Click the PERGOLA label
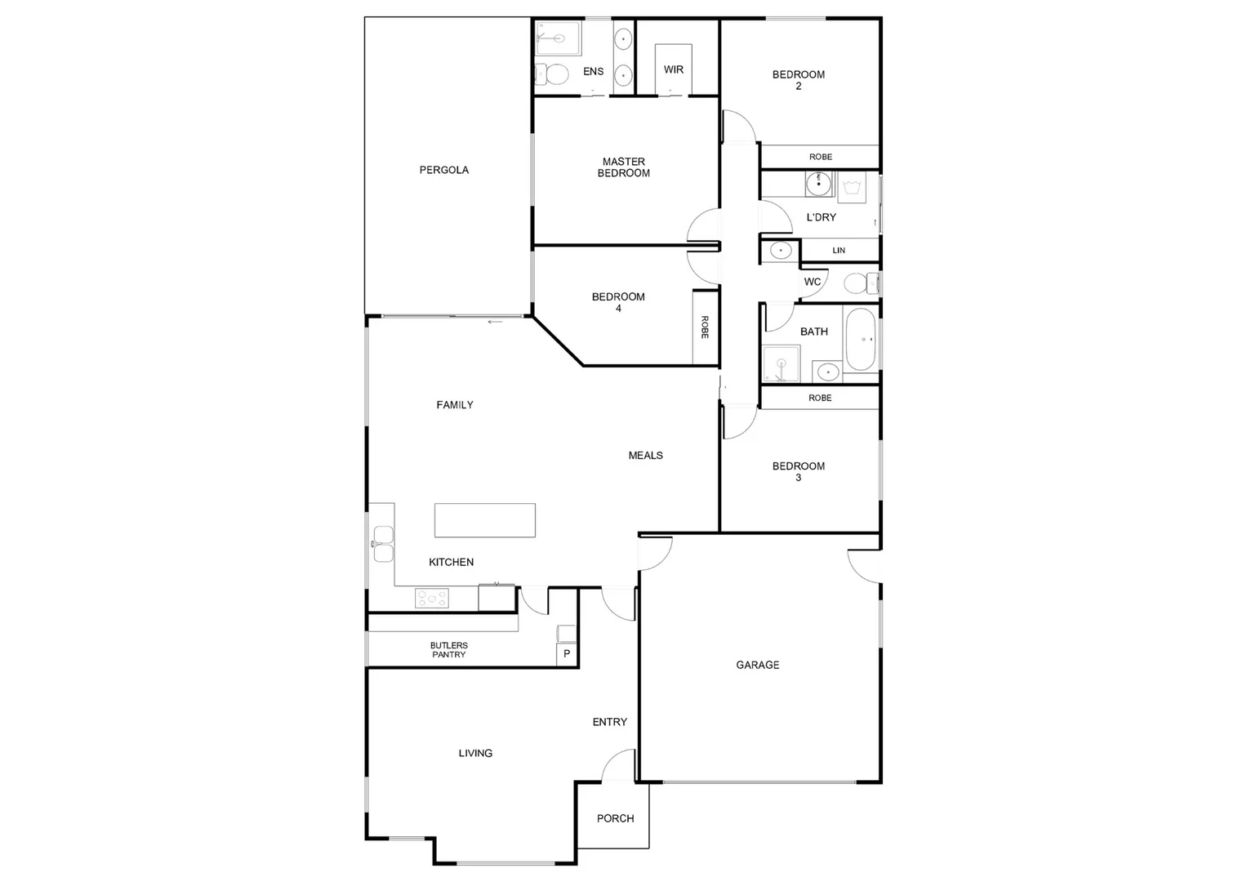tap(443, 170)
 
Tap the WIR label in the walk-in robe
tap(673, 69)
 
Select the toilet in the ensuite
tap(554, 75)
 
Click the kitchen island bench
tap(485, 520)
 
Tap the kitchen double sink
tap(382, 544)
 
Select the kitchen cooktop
tap(432, 599)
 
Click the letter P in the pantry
tap(567, 654)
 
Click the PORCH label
tap(615, 818)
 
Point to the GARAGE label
tap(757, 665)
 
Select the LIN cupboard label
tap(839, 250)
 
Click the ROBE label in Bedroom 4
tap(705, 327)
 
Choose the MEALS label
tap(645, 455)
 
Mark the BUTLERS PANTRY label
tap(448, 650)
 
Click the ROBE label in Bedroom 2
tap(820, 157)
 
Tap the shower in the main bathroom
tap(781, 364)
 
